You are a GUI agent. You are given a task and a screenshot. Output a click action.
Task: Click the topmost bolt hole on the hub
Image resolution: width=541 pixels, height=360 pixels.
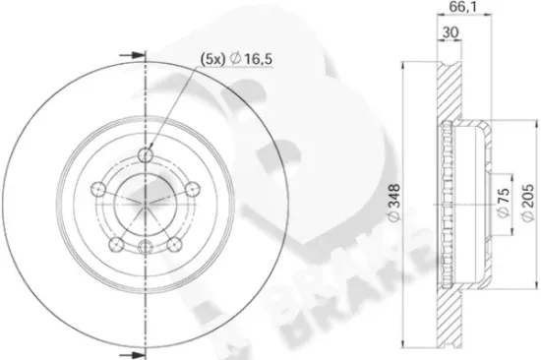pos(146,154)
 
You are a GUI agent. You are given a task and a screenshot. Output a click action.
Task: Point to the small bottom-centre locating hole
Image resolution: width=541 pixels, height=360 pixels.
pos(146,248)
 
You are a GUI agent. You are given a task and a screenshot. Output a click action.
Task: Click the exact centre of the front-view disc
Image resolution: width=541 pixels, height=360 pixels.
pos(146,205)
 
